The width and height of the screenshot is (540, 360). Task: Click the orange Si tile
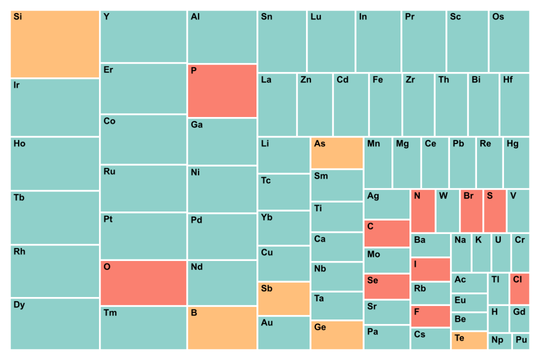tap(55, 44)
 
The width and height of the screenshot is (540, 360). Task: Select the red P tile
tap(222, 91)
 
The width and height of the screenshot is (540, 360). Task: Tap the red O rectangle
tap(143, 283)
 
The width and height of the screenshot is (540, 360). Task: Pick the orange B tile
tap(222, 328)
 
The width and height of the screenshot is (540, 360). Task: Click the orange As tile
tap(337, 153)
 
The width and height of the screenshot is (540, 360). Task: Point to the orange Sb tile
tap(284, 298)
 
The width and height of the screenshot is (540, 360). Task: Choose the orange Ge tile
tap(337, 335)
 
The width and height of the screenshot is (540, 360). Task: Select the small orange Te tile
tap(469, 340)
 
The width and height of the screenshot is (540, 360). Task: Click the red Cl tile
tap(519, 288)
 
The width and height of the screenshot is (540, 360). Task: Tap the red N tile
tap(423, 211)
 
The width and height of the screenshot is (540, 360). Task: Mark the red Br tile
tap(471, 211)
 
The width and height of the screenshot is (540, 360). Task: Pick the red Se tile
tap(387, 286)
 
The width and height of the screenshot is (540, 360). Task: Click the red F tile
tap(430, 316)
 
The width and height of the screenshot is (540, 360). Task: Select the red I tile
tap(430, 269)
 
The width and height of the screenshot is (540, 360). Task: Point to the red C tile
tap(387, 233)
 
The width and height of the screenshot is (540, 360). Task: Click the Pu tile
tap(521, 341)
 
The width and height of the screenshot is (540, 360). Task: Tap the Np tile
tap(499, 341)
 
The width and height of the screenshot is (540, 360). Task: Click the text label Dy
tap(19, 305)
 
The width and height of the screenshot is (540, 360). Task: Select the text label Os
tap(498, 16)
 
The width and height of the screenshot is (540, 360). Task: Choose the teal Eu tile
tap(469, 302)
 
